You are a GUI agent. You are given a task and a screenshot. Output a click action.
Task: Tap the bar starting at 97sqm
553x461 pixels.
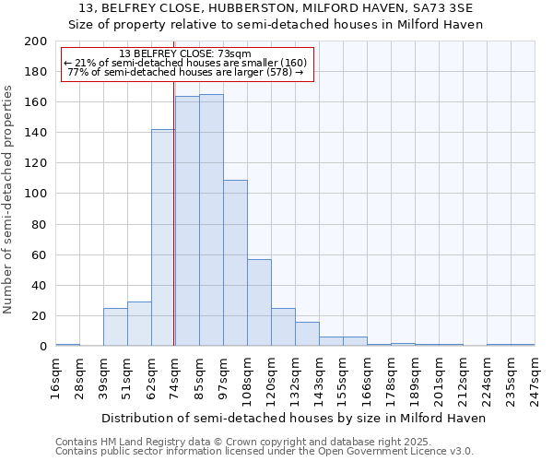pos(235,263)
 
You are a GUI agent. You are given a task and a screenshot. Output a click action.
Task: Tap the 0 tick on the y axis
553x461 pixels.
pos(42,346)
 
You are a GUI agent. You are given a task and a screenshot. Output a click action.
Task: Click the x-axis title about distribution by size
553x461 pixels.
pos(293,418)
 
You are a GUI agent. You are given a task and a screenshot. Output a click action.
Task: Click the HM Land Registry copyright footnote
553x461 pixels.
pos(264,442)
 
